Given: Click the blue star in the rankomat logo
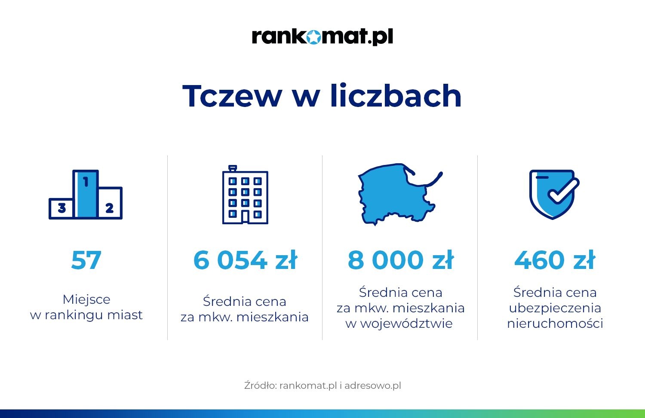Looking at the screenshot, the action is pyautogui.click(x=313, y=37).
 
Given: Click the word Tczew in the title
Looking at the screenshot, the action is pyautogui.click(x=232, y=96).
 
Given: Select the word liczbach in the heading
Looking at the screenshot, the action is pyautogui.click(x=396, y=95).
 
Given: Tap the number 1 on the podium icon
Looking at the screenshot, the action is pyautogui.click(x=86, y=182).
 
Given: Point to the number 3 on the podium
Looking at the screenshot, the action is pyautogui.click(x=62, y=207).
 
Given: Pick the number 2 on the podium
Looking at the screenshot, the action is pyautogui.click(x=109, y=207).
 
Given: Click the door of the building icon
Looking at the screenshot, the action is pyautogui.click(x=245, y=217).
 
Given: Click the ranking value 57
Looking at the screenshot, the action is pyautogui.click(x=86, y=260).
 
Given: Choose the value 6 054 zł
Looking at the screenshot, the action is pyautogui.click(x=245, y=260).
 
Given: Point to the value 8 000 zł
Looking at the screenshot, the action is pyautogui.click(x=400, y=260).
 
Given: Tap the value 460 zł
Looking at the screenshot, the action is pyautogui.click(x=555, y=260).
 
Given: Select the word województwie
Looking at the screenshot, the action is pyautogui.click(x=399, y=323).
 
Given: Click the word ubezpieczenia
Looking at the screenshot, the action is pyautogui.click(x=555, y=308).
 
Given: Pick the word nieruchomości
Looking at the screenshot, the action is pyautogui.click(x=555, y=323).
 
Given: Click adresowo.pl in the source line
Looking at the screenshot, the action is pyautogui.click(x=373, y=385).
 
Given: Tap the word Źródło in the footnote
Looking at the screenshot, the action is pyautogui.click(x=261, y=385).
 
